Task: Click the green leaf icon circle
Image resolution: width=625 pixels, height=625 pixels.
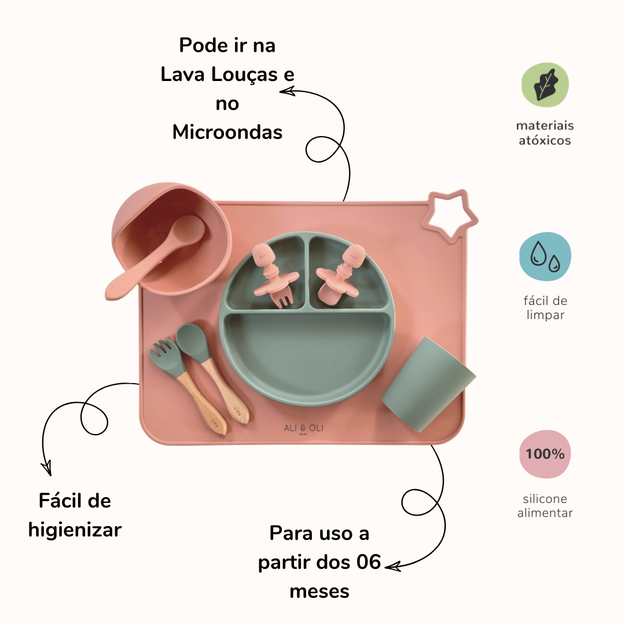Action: click(545, 84)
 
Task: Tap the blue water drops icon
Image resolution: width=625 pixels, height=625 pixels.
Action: click(545, 256)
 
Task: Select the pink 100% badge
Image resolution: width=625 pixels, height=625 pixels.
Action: click(545, 454)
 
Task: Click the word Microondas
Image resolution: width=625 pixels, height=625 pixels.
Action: click(227, 132)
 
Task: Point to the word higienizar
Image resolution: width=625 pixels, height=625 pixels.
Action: click(75, 530)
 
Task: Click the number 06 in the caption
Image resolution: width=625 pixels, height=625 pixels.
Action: click(369, 562)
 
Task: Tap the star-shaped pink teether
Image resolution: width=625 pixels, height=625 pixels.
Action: click(450, 216)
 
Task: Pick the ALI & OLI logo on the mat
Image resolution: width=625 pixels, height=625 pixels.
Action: click(303, 428)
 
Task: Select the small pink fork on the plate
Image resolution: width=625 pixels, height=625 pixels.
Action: click(274, 274)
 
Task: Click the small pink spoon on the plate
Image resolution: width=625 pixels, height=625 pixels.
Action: click(340, 274)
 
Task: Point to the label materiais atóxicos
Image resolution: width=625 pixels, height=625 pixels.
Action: click(545, 133)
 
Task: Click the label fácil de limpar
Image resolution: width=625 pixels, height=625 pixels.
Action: click(545, 308)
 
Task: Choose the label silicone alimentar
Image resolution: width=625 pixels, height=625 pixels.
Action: click(545, 505)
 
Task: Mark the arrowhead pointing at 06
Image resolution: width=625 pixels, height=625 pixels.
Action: click(392, 566)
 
